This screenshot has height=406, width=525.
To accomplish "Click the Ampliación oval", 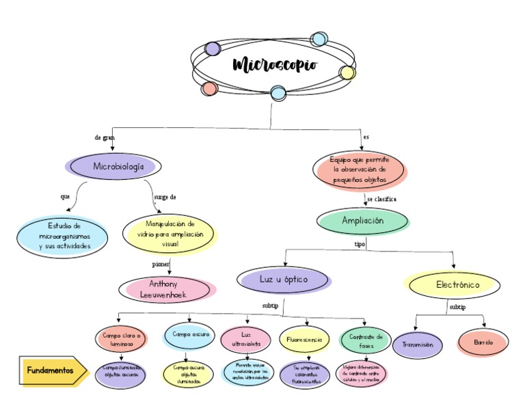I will [x=363, y=221].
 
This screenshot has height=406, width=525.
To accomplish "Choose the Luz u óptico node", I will [x=283, y=279].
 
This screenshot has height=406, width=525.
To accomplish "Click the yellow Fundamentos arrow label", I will [x=51, y=370].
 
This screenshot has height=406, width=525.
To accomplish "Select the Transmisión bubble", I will [x=418, y=345].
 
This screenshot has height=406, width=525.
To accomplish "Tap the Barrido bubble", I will [x=483, y=341].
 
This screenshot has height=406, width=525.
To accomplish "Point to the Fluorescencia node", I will [x=304, y=339].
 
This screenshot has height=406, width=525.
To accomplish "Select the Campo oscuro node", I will [x=191, y=335].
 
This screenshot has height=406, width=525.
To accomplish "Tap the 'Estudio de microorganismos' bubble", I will [x=64, y=236].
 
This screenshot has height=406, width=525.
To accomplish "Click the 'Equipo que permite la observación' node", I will [x=360, y=169].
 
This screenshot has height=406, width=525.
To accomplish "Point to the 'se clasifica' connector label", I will [x=381, y=199].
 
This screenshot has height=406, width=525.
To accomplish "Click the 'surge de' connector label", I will [x=165, y=197].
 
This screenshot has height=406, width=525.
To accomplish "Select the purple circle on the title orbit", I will [x=213, y=49].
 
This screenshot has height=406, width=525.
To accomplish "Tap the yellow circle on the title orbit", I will [x=347, y=73].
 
